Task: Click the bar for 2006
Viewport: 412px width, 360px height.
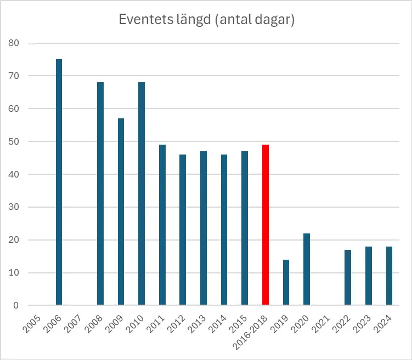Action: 59,182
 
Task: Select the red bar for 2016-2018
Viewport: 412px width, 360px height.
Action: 266,225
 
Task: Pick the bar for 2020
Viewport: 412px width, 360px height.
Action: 307,269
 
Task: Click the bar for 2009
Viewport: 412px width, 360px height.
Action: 121,212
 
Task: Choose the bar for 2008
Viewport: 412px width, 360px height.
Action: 100,193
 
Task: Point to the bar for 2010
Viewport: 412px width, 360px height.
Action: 142,193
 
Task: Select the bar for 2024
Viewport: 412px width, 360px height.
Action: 389,276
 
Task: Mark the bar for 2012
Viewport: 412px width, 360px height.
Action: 183,230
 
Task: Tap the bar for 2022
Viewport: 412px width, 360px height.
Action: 348,277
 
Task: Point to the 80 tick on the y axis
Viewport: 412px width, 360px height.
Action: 13,43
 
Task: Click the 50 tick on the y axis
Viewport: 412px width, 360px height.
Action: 13,141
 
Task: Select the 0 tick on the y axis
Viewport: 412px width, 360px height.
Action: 16,305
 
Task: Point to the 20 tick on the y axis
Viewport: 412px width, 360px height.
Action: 13,240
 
